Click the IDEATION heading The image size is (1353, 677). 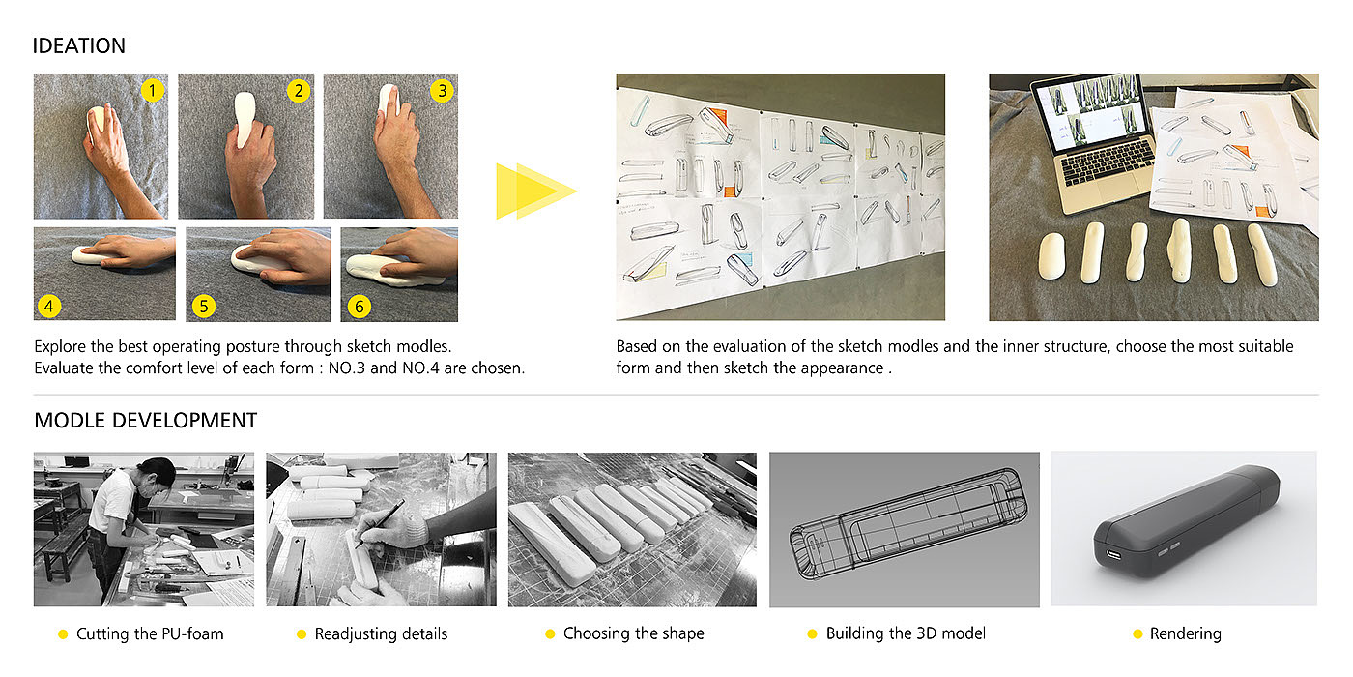(78, 46)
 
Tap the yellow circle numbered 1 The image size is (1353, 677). (153, 91)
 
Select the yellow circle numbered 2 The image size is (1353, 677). (299, 91)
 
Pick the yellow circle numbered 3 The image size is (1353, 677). (443, 91)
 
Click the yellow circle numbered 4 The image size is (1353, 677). (49, 306)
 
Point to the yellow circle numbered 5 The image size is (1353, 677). (204, 306)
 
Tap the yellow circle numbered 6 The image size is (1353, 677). (359, 307)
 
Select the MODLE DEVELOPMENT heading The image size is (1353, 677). (146, 420)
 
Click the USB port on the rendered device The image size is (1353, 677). (1114, 554)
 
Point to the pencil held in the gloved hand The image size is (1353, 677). (381, 523)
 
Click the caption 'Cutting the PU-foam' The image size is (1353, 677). (150, 633)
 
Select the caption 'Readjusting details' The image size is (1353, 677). (381, 633)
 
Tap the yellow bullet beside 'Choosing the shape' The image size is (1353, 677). (550, 634)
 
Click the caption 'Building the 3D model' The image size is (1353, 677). (906, 633)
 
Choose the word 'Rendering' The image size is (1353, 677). (1185, 633)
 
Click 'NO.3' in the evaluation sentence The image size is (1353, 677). (347, 368)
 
